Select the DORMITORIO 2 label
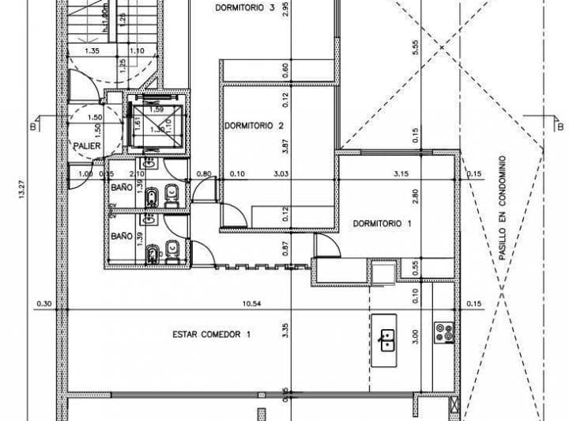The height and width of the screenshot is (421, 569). click(254, 125)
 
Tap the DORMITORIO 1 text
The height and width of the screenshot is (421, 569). click(382, 223)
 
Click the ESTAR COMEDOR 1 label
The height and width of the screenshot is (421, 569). click(212, 334)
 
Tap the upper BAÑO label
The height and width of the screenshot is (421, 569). click(121, 188)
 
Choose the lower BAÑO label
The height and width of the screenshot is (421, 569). click(121, 236)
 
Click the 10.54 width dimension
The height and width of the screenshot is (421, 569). click(252, 303)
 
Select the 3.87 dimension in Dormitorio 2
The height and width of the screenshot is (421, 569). click(284, 147)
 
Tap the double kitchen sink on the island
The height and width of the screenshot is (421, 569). click(387, 341)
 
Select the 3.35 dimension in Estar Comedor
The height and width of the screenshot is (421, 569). click(284, 332)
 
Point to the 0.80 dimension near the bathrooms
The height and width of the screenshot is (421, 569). click(205, 174)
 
